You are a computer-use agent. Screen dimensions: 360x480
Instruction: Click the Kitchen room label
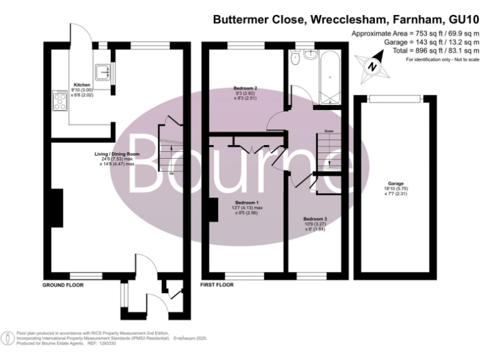pos(82,84)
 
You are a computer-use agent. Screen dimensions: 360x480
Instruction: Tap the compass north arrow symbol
pos(369,64)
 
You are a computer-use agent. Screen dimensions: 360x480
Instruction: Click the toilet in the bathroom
pos(294,57)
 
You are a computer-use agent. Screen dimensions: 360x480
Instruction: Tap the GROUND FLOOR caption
pos(62,284)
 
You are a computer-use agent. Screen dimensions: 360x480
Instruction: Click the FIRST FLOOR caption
pos(217,284)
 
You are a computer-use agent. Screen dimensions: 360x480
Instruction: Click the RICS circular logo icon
pos(7,338)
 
